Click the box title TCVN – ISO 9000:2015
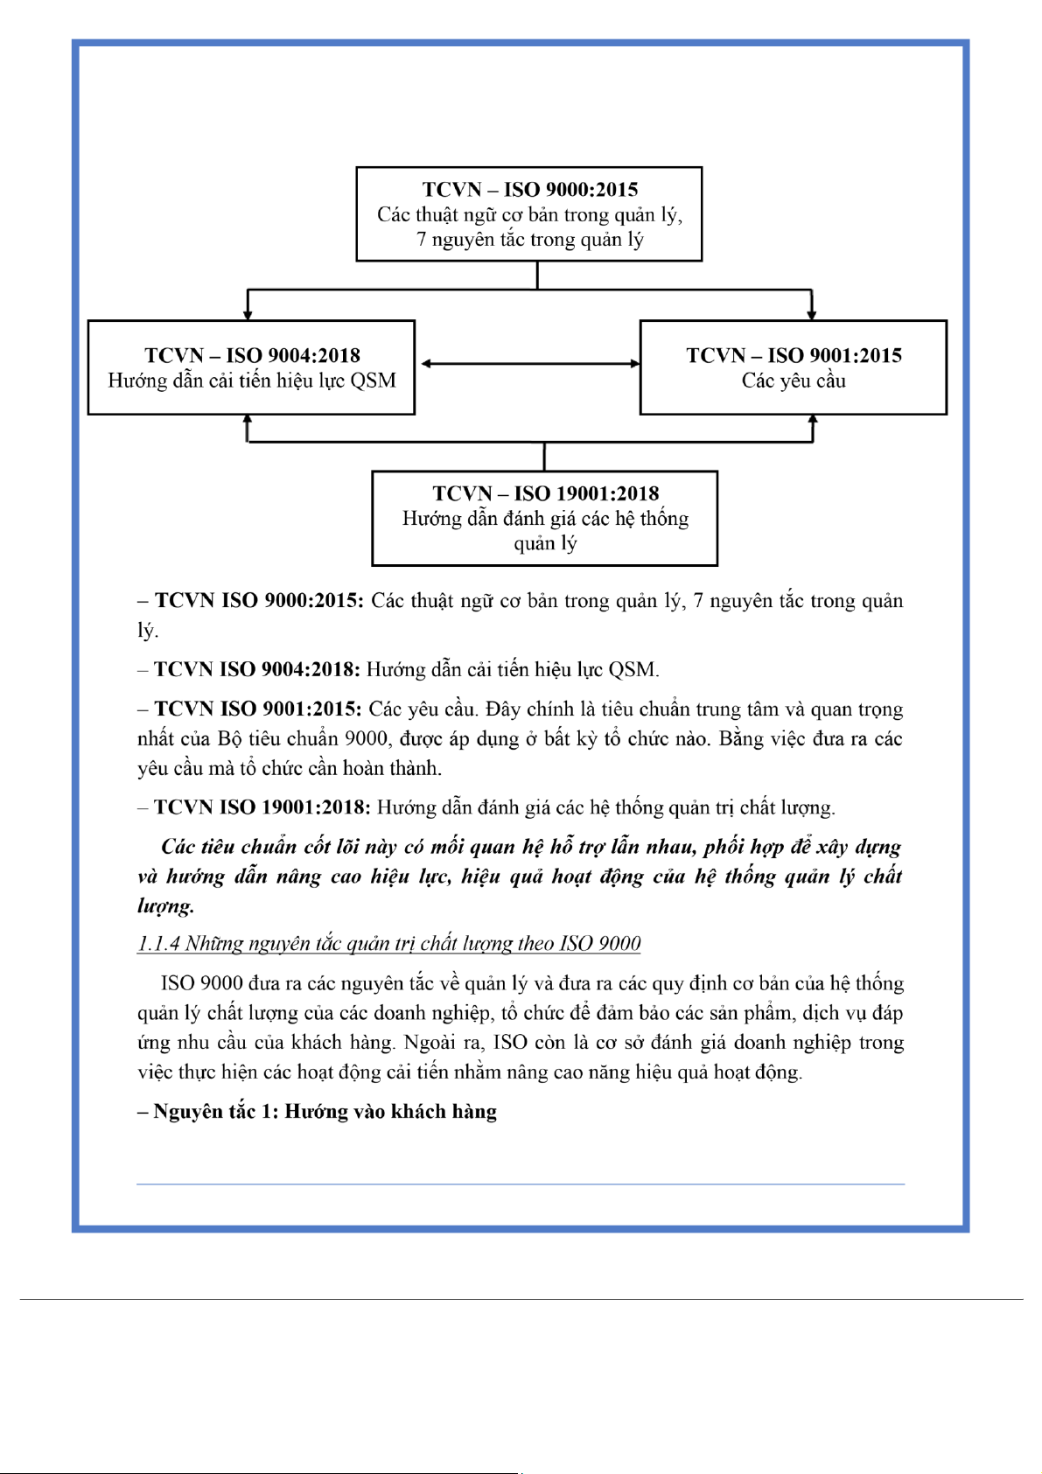tap(529, 190)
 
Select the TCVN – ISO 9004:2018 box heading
tap(252, 355)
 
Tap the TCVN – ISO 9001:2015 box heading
tap(794, 355)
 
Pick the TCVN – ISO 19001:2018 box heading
tap(545, 493)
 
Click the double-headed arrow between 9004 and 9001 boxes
tap(530, 363)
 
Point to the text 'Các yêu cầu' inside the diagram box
tap(794, 381)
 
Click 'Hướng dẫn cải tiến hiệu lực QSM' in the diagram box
tap(252, 381)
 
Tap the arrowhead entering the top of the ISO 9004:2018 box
tap(248, 313)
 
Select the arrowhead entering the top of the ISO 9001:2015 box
tap(812, 313)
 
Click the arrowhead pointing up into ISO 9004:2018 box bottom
tap(248, 422)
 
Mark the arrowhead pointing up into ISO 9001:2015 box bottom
tap(813, 422)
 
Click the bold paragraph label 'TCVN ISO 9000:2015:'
tap(259, 601)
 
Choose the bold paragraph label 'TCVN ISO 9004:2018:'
tap(257, 670)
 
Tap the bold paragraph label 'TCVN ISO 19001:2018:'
tap(262, 807)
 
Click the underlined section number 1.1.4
tap(158, 944)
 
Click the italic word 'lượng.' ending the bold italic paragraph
tap(165, 906)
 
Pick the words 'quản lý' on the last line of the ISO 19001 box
tap(545, 544)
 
